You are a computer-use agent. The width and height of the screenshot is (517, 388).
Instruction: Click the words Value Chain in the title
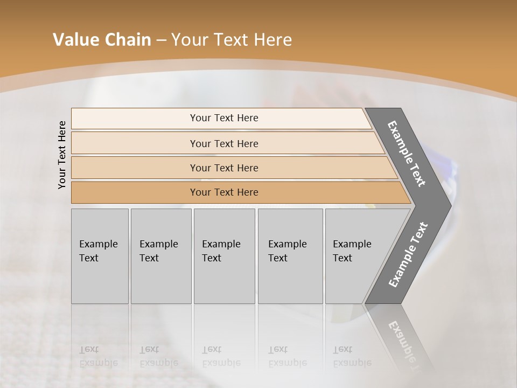[x=102, y=40]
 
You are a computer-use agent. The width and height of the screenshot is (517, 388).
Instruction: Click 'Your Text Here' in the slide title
[x=232, y=40]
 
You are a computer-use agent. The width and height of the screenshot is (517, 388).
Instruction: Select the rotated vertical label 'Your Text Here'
[x=62, y=155]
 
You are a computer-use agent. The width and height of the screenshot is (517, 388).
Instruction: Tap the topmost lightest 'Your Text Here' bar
[x=224, y=118]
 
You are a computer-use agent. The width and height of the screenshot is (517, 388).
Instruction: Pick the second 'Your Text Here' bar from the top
[x=224, y=143]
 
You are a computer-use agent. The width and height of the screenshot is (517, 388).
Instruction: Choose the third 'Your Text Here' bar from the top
[x=224, y=168]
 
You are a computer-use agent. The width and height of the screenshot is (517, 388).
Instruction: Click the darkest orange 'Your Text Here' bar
[x=224, y=192]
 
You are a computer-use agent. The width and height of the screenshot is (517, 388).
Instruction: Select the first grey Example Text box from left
[x=100, y=256]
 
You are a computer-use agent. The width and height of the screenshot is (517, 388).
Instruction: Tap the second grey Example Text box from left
[x=160, y=256]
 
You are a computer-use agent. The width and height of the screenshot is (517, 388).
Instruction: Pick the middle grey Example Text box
[x=224, y=256]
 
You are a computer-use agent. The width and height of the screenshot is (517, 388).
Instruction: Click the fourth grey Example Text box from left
[x=290, y=256]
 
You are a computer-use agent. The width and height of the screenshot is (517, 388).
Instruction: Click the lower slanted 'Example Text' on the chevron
[x=408, y=254]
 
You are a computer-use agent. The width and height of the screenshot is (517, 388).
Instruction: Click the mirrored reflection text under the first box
[x=98, y=356]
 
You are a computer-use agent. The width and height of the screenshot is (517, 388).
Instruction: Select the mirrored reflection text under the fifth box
[x=352, y=356]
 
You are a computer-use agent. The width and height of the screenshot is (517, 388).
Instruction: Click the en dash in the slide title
[x=160, y=40]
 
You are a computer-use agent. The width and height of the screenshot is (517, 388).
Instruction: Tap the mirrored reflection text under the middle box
[x=221, y=356]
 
